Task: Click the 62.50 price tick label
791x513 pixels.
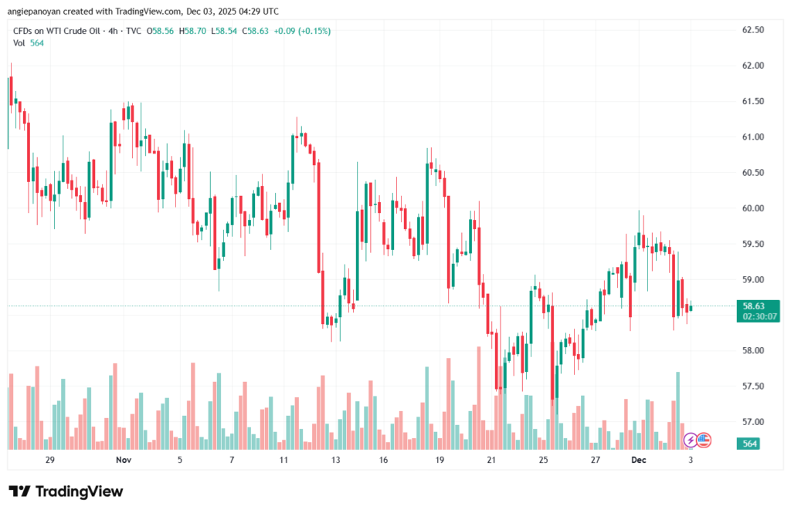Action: (x=752, y=30)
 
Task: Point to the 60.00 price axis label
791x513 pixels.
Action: (x=752, y=208)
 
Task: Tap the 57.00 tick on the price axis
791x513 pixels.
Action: (x=752, y=422)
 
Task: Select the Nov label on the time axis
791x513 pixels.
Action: (x=123, y=460)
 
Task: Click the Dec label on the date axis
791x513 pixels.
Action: (x=638, y=460)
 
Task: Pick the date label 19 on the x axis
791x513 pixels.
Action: (x=440, y=460)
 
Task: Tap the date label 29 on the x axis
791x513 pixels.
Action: (x=50, y=460)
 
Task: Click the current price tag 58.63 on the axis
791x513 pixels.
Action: (x=753, y=305)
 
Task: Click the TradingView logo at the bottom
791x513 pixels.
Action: (x=66, y=491)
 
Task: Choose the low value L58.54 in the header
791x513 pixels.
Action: (x=226, y=31)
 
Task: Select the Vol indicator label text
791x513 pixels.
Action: (x=19, y=43)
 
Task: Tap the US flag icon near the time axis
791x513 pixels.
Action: (x=703, y=440)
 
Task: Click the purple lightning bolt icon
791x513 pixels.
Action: (x=691, y=440)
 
